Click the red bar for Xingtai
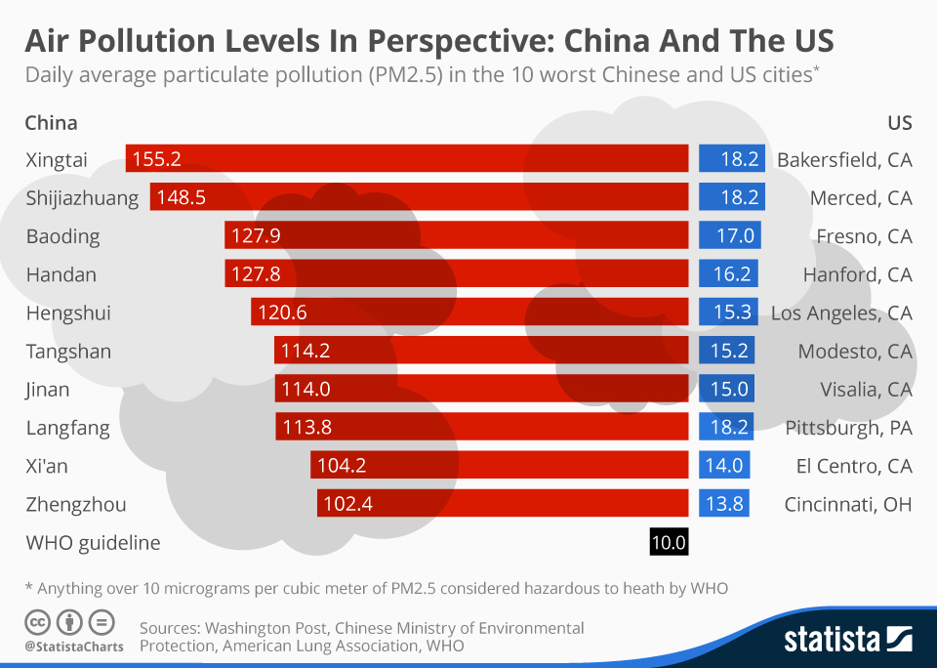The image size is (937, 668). (407, 159)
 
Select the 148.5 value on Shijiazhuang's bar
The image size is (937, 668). (181, 198)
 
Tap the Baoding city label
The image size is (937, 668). (62, 236)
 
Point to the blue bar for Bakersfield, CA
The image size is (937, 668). (732, 159)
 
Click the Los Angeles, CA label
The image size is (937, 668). (841, 313)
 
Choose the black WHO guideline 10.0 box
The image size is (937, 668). (669, 542)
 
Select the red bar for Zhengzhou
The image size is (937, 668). (503, 504)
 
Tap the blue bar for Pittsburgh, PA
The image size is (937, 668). (732, 428)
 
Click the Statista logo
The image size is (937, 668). (848, 640)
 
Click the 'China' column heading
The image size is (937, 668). (51, 123)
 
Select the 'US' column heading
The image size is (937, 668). (899, 123)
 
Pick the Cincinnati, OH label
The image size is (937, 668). (848, 504)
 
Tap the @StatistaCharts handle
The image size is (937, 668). (73, 646)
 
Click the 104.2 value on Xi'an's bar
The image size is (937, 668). (342, 466)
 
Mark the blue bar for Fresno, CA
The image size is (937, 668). (729, 236)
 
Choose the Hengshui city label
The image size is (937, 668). (67, 313)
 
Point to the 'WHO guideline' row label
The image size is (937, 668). (93, 542)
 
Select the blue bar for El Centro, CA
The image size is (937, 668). (723, 466)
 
